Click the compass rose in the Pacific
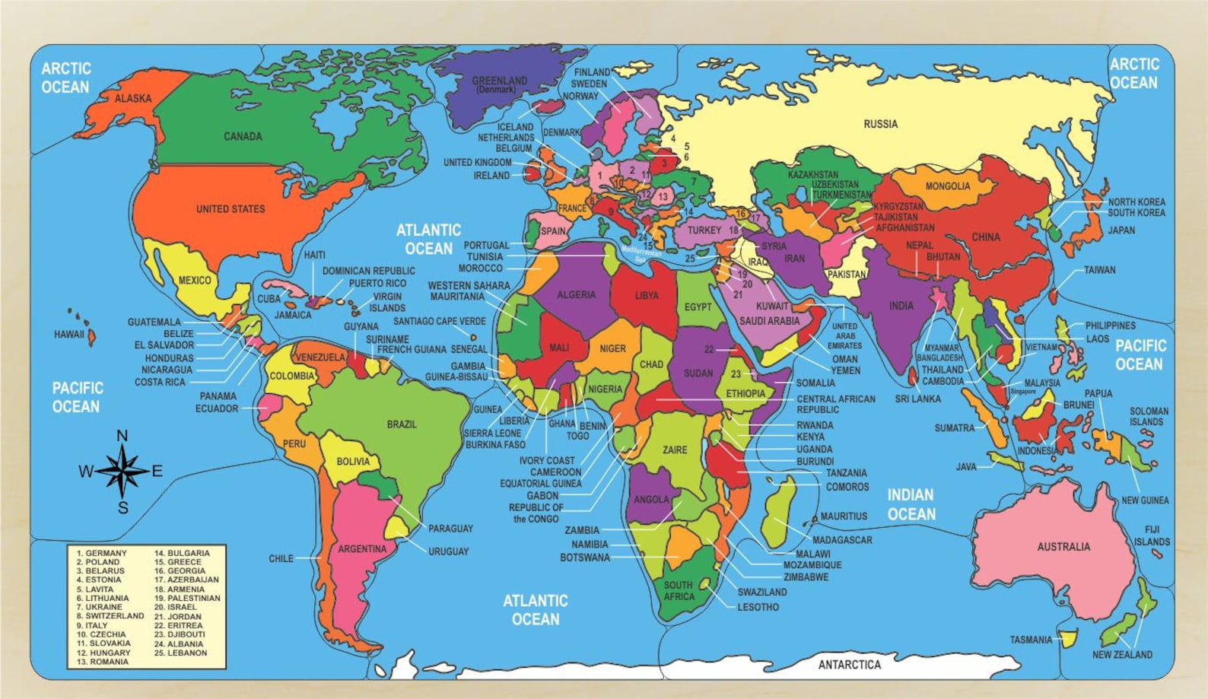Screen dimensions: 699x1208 click(x=122, y=471)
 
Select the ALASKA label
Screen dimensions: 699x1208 click(x=133, y=98)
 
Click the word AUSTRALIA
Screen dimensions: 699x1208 click(x=1063, y=546)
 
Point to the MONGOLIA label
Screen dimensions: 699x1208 click(x=947, y=186)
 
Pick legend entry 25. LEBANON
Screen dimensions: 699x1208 click(x=180, y=653)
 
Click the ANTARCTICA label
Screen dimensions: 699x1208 click(x=849, y=665)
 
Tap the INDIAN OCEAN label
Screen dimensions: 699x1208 click(x=911, y=504)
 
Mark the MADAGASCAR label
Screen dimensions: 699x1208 click(x=842, y=540)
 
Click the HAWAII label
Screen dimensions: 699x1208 click(x=68, y=334)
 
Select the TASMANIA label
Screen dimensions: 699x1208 click(x=1031, y=640)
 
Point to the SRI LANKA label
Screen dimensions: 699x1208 click(x=917, y=399)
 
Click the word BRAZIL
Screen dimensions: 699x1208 click(x=402, y=424)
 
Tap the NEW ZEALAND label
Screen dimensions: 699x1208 click(x=1121, y=654)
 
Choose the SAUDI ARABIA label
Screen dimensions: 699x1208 click(x=769, y=321)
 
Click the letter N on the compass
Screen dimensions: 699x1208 click(x=122, y=436)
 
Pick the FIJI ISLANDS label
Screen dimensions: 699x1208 click(x=1152, y=535)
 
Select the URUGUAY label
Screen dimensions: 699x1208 click(x=448, y=551)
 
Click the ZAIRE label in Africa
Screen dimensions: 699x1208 click(x=675, y=450)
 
